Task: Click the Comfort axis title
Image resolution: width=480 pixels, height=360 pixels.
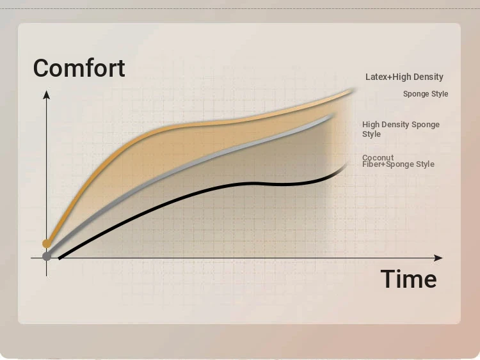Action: [x=79, y=68]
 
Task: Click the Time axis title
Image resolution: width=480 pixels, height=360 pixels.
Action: [x=409, y=279]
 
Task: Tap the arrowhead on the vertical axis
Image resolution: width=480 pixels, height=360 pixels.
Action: [x=47, y=95]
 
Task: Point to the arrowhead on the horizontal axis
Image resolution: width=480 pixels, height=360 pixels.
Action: [x=438, y=258]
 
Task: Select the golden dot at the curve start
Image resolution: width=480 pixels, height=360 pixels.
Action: [x=47, y=244]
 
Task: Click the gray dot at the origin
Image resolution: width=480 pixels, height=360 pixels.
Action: [x=47, y=256]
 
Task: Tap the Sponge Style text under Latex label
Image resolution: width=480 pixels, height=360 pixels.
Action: [x=426, y=94]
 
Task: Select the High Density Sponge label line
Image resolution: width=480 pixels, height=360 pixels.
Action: [x=401, y=125]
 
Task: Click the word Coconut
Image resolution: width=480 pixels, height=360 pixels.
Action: [x=378, y=157]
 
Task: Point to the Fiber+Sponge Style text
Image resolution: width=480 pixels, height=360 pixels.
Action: [x=398, y=164]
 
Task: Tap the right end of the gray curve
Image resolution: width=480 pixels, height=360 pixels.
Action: [x=333, y=115]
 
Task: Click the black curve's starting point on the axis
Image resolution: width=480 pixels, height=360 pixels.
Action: [x=60, y=258]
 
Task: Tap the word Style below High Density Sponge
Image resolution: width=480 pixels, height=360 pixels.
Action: [x=371, y=134]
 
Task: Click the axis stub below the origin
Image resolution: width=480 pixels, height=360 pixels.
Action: [x=47, y=269]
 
